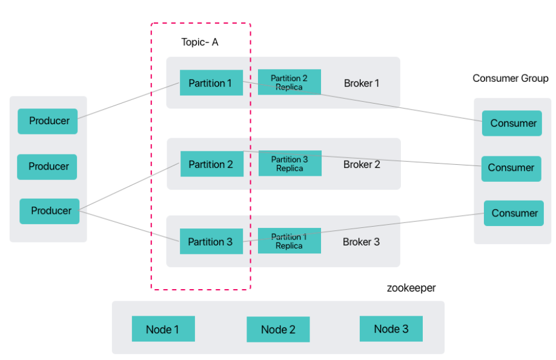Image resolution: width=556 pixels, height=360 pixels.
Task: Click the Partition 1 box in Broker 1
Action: click(x=211, y=82)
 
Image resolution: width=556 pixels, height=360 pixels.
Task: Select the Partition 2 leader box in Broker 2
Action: click(x=212, y=164)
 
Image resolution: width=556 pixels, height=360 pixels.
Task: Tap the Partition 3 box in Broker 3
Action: click(x=211, y=241)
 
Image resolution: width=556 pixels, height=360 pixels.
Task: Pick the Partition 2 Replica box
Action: click(x=290, y=82)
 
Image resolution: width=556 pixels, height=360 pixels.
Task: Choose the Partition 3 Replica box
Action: click(x=290, y=163)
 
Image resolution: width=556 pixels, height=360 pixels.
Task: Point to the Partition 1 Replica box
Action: click(x=290, y=241)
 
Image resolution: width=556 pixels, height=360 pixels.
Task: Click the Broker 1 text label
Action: click(x=362, y=83)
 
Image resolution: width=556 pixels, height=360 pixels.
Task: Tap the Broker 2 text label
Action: click(x=362, y=164)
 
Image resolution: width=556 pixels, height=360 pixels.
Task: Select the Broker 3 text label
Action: click(x=361, y=242)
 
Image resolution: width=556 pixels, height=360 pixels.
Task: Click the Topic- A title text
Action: click(x=200, y=42)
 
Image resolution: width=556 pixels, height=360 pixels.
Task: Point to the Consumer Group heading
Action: click(x=510, y=78)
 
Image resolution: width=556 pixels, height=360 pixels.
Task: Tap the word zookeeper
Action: click(x=411, y=288)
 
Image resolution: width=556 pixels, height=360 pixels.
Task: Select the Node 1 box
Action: click(x=164, y=329)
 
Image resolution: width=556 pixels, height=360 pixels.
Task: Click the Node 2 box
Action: click(x=279, y=330)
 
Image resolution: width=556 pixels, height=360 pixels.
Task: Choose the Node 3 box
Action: click(x=391, y=329)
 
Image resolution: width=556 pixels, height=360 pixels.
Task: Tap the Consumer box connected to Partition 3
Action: click(x=514, y=213)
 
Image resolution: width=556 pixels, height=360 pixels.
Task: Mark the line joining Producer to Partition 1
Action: click(x=129, y=101)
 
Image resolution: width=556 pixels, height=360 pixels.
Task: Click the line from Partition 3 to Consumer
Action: click(x=363, y=227)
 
